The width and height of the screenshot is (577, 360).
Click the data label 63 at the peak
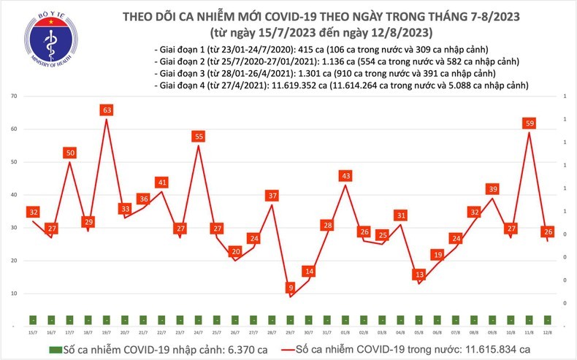coord(107,110)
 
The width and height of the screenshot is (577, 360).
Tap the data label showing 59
coord(528,123)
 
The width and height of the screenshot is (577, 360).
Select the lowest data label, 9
coord(291,288)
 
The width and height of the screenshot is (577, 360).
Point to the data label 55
coord(199,137)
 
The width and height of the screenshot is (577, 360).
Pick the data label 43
coord(345,176)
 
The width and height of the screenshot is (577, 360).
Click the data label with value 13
coord(419,275)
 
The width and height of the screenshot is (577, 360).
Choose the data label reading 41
coord(162,183)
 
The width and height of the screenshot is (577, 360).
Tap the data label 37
coord(272,196)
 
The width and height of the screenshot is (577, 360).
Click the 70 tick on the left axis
coord(14,96)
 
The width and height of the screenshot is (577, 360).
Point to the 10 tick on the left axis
coord(14,294)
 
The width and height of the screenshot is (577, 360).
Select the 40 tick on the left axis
coord(14,195)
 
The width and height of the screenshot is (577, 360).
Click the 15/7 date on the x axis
coord(34,333)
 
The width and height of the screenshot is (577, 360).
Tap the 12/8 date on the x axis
coord(547,333)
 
